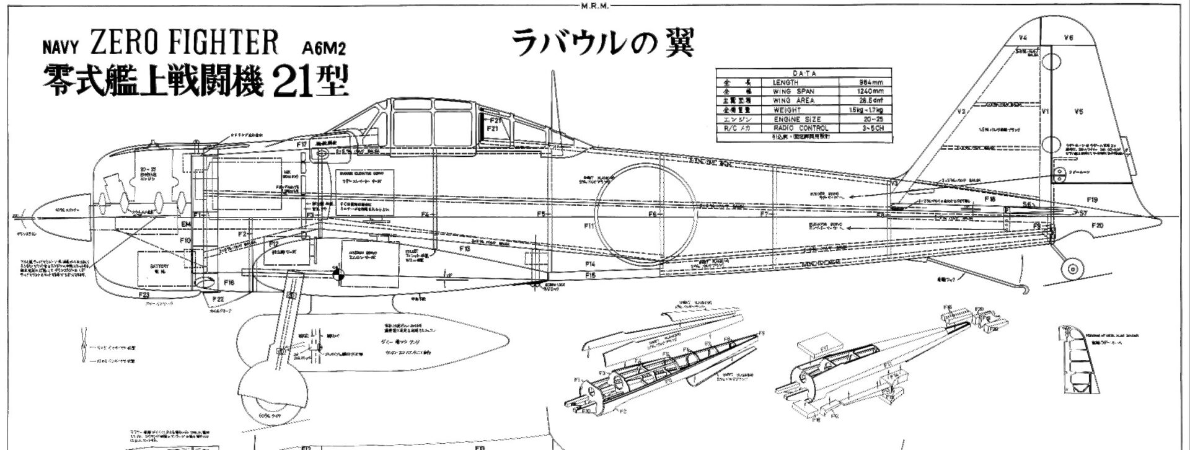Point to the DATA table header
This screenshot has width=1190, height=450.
click(x=804, y=73)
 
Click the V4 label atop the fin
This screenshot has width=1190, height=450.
click(x=1023, y=38)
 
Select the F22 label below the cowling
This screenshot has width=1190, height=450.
click(x=218, y=299)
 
